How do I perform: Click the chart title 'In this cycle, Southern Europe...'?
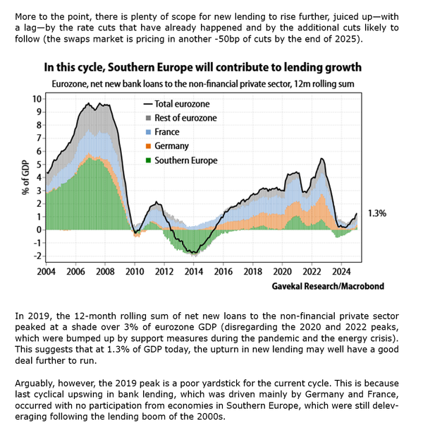click(x=202, y=68)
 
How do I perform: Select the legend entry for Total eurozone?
click(x=176, y=103)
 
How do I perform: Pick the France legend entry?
click(x=166, y=131)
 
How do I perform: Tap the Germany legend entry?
click(x=171, y=145)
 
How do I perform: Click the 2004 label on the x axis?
click(x=46, y=271)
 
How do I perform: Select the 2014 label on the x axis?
click(x=193, y=271)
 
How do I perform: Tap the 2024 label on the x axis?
click(x=341, y=271)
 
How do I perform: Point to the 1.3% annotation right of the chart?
click(x=379, y=213)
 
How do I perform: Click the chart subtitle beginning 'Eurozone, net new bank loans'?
click(x=202, y=84)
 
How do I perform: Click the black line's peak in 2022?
click(x=321, y=159)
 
